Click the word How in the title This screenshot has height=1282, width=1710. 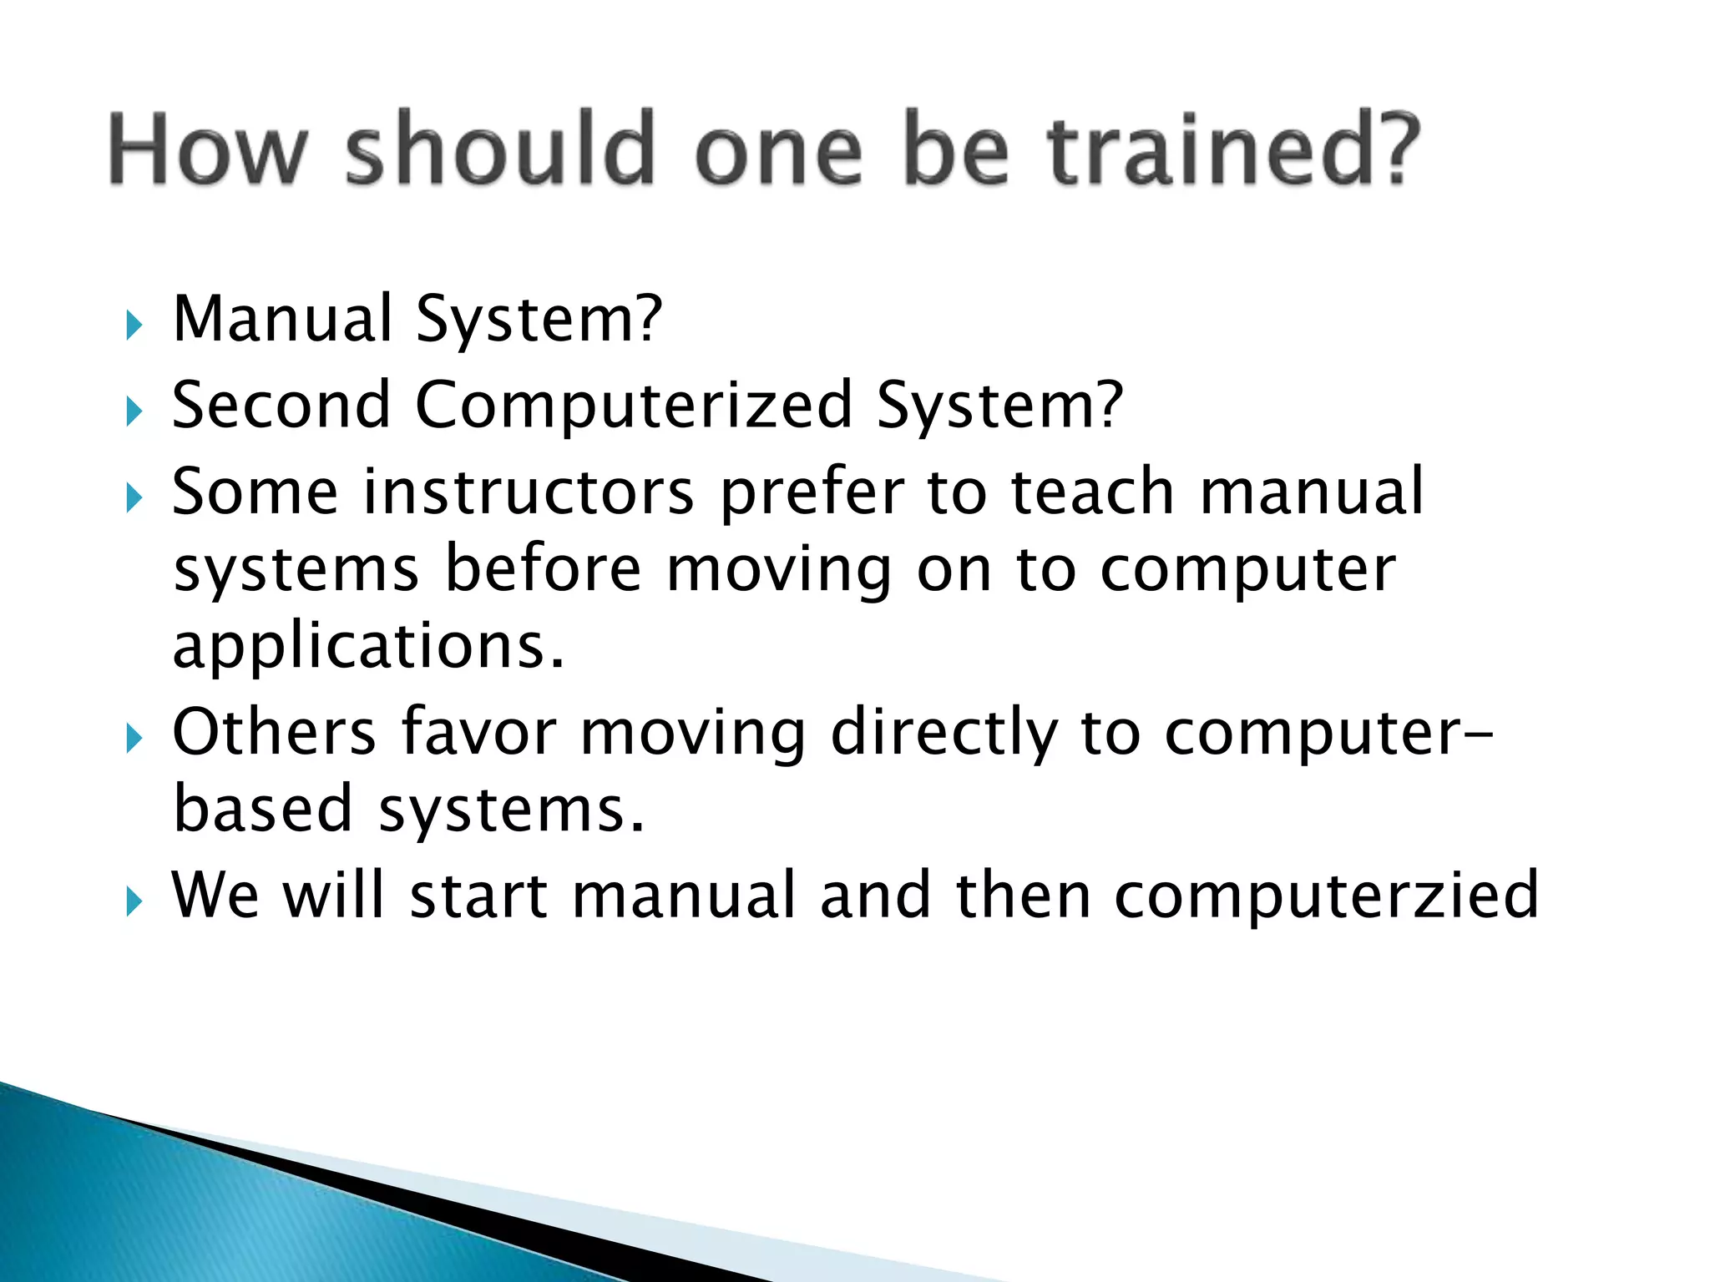(208, 150)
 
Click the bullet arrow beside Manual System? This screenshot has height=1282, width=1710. (134, 325)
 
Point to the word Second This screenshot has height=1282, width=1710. (281, 406)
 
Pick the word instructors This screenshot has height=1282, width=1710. (529, 492)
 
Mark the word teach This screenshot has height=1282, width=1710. (1093, 492)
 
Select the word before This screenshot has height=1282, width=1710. (543, 569)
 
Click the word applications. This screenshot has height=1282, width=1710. (368, 648)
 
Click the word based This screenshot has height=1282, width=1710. (263, 810)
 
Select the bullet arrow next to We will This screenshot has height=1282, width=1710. (134, 902)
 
